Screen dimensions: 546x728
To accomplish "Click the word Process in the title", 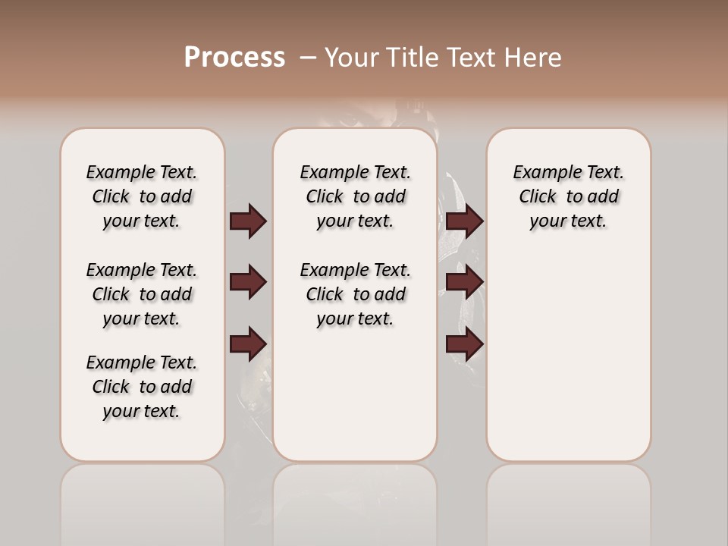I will (234, 57).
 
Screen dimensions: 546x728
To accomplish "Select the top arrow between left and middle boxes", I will (248, 221).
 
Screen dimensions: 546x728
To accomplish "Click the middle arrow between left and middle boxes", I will (248, 282).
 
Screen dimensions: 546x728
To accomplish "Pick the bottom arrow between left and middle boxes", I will (248, 344).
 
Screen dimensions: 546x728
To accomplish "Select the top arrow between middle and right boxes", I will (465, 221).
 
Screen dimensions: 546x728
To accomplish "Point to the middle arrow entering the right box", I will (465, 282).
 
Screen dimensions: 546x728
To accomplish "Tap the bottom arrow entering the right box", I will (465, 345).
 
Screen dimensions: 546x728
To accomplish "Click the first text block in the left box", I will (142, 196).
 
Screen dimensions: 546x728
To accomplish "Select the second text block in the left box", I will (142, 294).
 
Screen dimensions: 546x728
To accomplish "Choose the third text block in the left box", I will (142, 387).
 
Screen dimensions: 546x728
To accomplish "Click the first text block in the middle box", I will (355, 196).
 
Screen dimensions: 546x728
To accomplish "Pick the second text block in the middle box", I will (355, 294).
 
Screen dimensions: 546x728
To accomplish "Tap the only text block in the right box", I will (568, 196).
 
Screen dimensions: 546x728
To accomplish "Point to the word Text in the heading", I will (471, 57).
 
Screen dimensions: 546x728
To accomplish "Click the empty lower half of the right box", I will (568, 364).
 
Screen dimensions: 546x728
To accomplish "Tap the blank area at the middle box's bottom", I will (355, 409).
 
